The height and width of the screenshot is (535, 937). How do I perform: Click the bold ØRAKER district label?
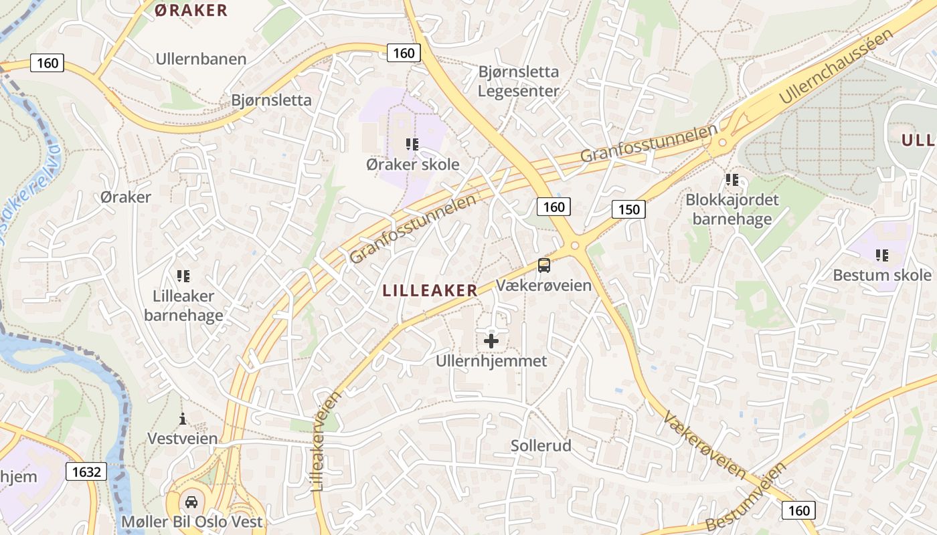[x=191, y=10]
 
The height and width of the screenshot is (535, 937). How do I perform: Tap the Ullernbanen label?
[x=201, y=59]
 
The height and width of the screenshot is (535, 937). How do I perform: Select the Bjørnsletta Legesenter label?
[x=518, y=81]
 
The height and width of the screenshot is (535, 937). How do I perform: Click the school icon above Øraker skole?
[x=412, y=144]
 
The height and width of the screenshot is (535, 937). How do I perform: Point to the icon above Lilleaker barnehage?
[x=183, y=276]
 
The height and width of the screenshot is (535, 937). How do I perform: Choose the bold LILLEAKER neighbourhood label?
[x=430, y=290]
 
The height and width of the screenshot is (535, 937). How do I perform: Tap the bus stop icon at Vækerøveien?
[x=544, y=265]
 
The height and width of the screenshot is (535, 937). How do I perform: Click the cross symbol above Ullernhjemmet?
[x=491, y=341]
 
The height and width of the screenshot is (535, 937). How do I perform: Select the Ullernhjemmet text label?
[x=491, y=361]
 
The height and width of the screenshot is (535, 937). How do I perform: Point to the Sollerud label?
[x=541, y=445]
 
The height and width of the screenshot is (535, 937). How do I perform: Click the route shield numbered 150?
[x=628, y=209]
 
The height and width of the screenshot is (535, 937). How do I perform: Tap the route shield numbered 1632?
[x=86, y=472]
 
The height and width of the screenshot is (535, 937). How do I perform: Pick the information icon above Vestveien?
[x=183, y=419]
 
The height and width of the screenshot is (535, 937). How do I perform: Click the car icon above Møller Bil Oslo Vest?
[x=191, y=502]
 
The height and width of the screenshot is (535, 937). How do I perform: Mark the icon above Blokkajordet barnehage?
[x=732, y=180]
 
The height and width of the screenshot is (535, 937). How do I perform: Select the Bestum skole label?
[x=881, y=275]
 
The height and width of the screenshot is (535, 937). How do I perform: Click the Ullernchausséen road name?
[x=836, y=67]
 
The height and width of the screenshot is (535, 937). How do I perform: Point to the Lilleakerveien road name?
[x=325, y=441]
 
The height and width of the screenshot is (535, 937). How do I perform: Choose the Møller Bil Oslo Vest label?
[x=192, y=522]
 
